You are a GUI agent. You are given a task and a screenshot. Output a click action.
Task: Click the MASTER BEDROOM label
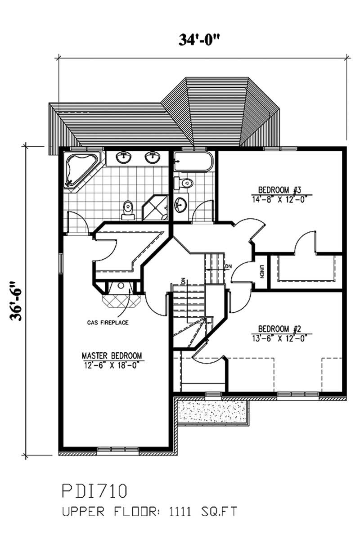112,355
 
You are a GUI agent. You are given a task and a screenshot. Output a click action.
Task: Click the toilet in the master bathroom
128,209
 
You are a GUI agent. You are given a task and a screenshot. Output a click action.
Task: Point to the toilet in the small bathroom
184,183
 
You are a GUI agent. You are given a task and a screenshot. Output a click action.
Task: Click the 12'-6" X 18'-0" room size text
112,364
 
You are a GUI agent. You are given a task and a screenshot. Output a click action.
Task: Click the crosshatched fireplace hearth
119,300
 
